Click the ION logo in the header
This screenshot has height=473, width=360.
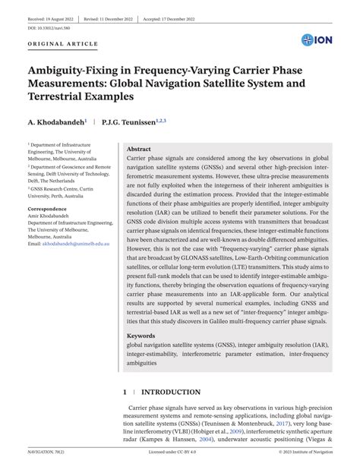click(317, 39)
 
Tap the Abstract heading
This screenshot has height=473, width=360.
click(139, 150)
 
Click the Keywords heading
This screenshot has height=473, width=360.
click(141, 335)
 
